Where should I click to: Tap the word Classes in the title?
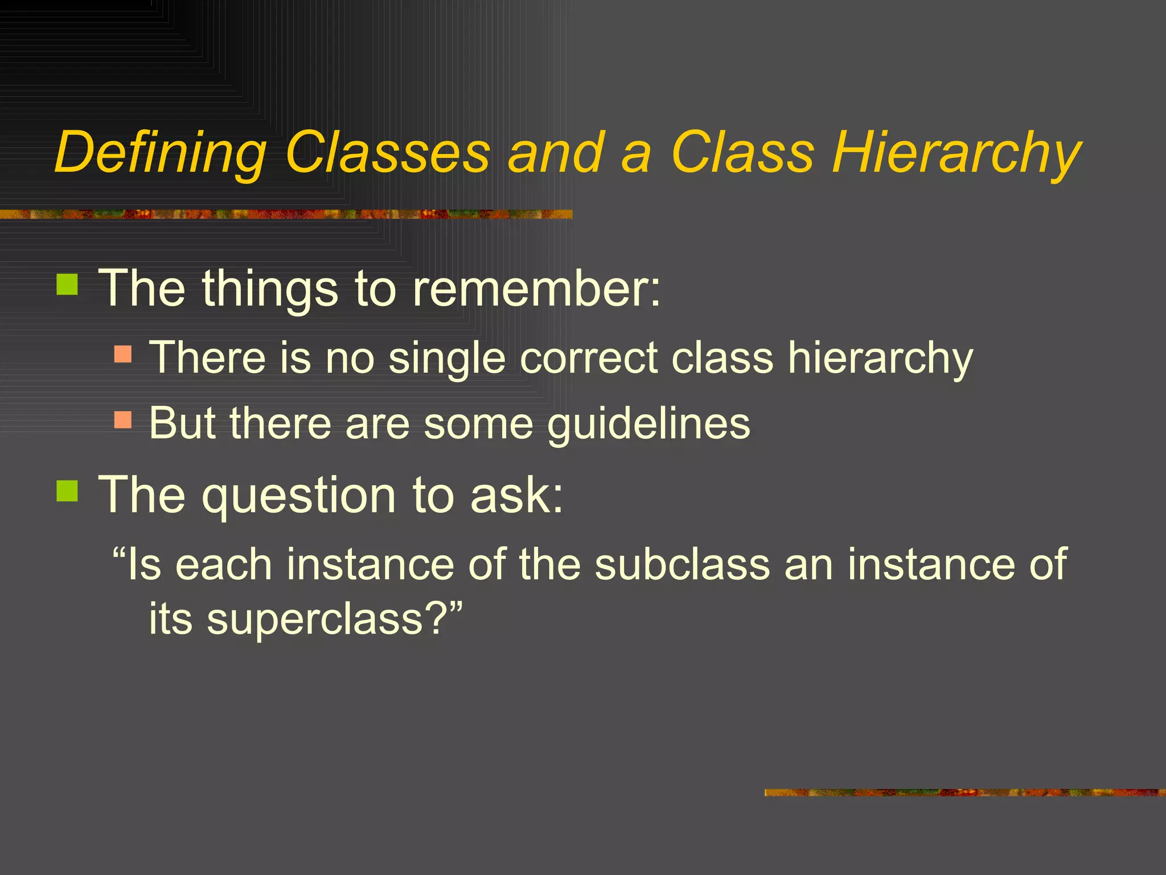(x=387, y=153)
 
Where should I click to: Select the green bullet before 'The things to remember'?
(x=67, y=284)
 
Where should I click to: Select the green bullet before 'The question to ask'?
(x=67, y=490)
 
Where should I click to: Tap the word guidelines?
(x=648, y=424)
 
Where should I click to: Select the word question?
(x=299, y=496)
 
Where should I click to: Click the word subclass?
(x=682, y=564)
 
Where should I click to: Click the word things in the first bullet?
(x=270, y=289)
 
